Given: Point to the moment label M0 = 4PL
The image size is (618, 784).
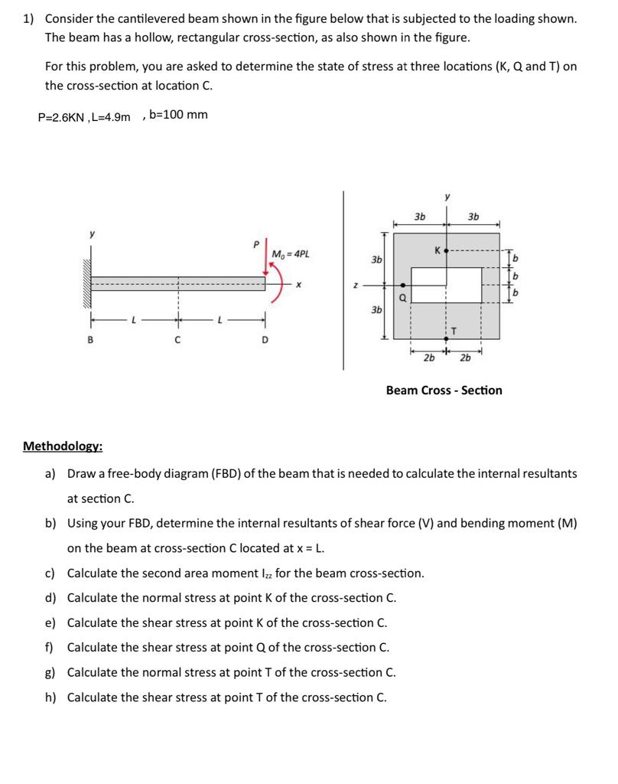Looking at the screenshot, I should (291, 253).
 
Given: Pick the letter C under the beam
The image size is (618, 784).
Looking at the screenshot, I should (179, 341).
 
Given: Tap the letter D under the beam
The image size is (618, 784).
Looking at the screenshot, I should (265, 341).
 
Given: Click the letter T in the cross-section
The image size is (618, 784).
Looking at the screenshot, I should (453, 331).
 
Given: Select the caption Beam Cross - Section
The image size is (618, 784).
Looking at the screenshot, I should (444, 390).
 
